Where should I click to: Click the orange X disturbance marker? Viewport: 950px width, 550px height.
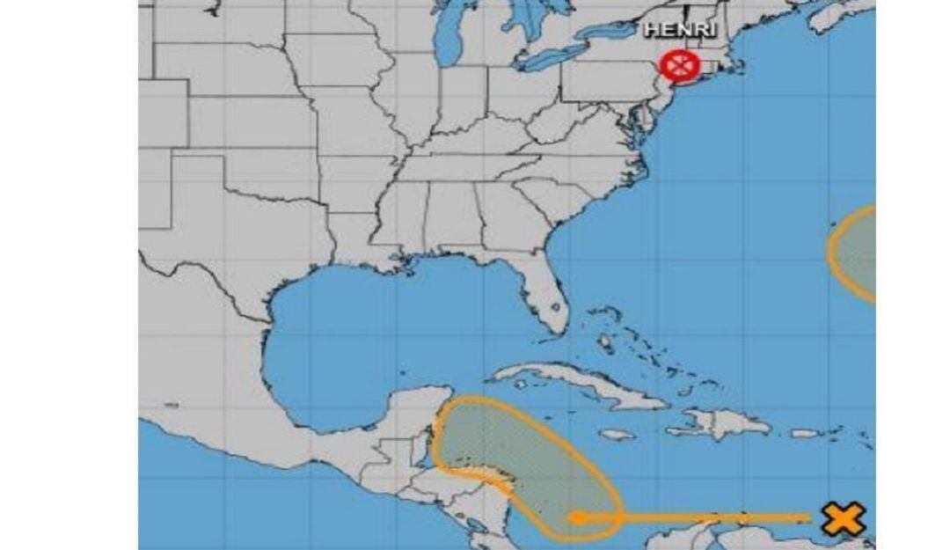[x=843, y=518]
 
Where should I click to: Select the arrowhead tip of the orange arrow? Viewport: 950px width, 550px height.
[x=576, y=517]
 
